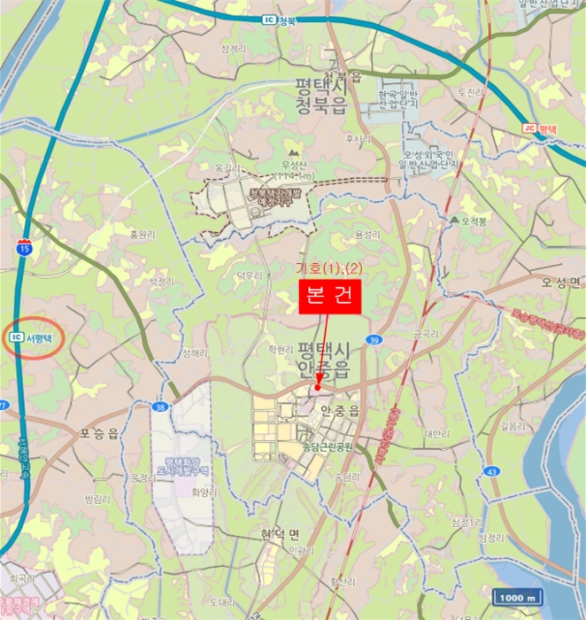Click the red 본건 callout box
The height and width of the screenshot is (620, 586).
330,297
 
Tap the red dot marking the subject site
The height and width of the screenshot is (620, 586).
318,387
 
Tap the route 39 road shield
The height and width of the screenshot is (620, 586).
375,340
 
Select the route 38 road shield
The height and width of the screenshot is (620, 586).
159,407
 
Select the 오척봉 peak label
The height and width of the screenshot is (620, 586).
469,221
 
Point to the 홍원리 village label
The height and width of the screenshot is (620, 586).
143,235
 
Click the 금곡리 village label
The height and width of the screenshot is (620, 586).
426,336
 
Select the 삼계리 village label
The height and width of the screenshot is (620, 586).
233,50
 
